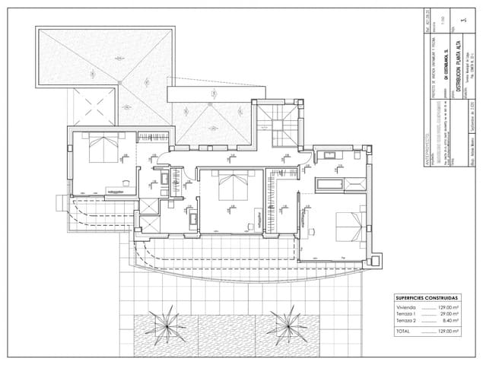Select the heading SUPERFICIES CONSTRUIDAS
[427, 297]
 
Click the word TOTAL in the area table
[404, 332]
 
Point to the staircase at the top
[279, 122]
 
